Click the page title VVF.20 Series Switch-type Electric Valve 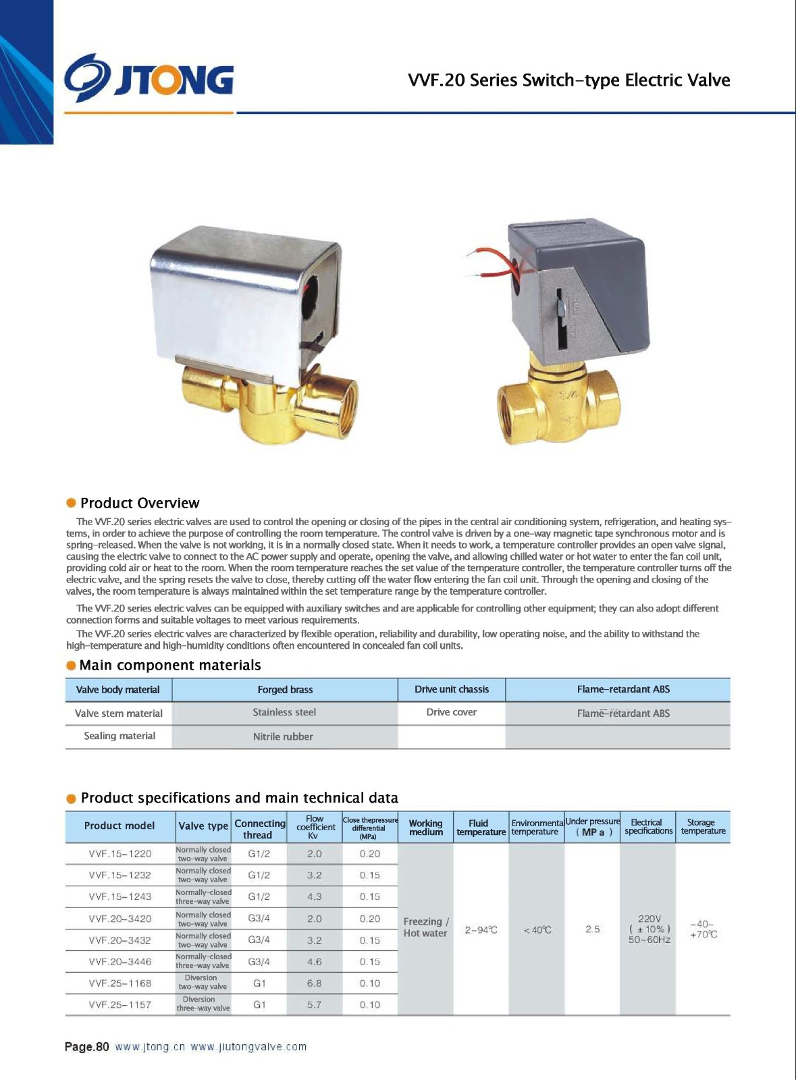pyautogui.click(x=568, y=80)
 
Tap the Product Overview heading pyautogui.click(x=139, y=503)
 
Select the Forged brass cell pyautogui.click(x=285, y=690)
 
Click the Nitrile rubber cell pyautogui.click(x=283, y=736)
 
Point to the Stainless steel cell pyautogui.click(x=284, y=713)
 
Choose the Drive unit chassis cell pyautogui.click(x=451, y=689)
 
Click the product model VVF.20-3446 pyautogui.click(x=120, y=962)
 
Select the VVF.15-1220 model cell pyautogui.click(x=120, y=854)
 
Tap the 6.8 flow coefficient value pyautogui.click(x=314, y=983)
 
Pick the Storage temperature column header pyautogui.click(x=702, y=827)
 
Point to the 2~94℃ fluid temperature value pyautogui.click(x=481, y=930)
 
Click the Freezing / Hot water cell pyautogui.click(x=425, y=927)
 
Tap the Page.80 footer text pyautogui.click(x=86, y=1047)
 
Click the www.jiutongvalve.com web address pyautogui.click(x=248, y=1047)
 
